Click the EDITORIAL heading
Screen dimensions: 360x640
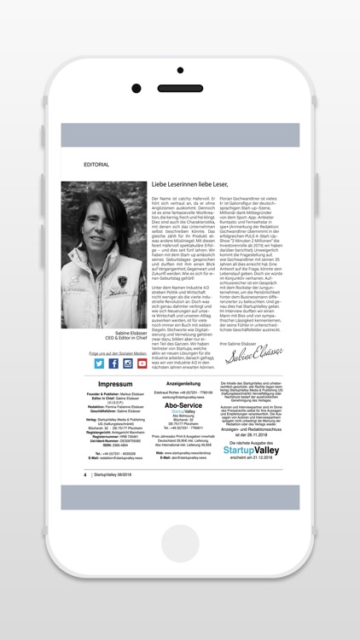click(96, 163)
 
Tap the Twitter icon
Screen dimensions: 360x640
click(99, 363)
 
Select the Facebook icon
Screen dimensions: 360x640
click(113, 363)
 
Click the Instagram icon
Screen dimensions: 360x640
click(128, 363)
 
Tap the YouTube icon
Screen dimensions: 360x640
click(142, 363)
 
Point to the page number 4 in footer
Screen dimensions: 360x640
click(84, 474)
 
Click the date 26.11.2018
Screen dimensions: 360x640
click(258, 433)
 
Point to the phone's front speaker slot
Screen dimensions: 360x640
click(180, 89)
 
